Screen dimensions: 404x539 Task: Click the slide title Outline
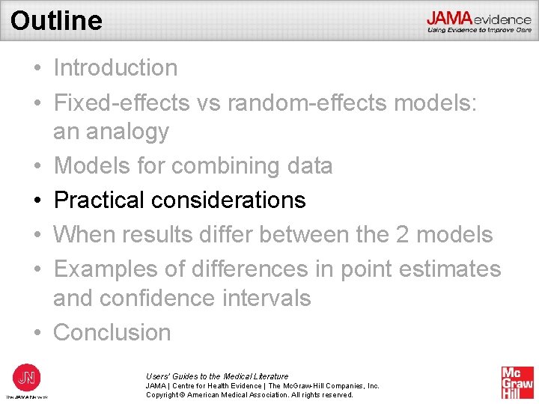tap(57, 20)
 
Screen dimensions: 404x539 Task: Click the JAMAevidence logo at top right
tap(479, 22)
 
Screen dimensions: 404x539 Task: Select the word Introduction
tap(115, 67)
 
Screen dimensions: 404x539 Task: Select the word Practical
tap(99, 200)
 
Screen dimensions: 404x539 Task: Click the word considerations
tap(228, 200)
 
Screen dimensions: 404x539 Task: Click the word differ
tap(230, 234)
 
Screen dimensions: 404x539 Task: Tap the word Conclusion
tap(112, 332)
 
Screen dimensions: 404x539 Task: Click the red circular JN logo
tap(27, 376)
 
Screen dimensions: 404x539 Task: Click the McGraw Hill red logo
tap(517, 382)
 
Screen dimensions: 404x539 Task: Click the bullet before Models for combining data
tap(37, 165)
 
